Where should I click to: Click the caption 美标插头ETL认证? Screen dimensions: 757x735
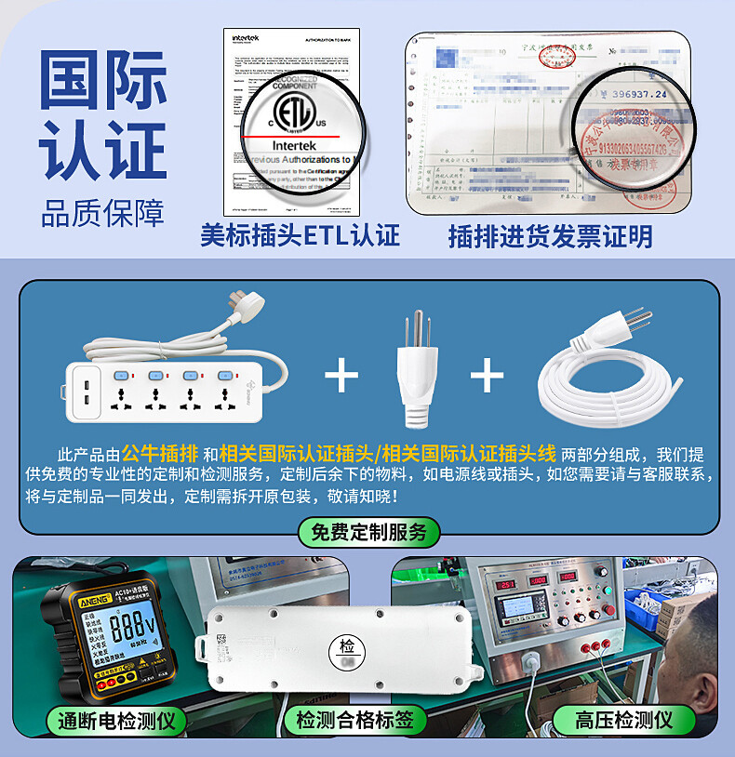[300, 235]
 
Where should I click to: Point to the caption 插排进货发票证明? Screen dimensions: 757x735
[550, 236]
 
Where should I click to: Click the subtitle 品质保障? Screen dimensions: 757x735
[102, 213]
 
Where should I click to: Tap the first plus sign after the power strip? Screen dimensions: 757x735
[341, 376]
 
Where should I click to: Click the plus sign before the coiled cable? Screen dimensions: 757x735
[487, 376]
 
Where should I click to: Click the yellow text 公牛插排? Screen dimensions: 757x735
[160, 454]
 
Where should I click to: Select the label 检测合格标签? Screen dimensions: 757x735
[359, 718]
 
